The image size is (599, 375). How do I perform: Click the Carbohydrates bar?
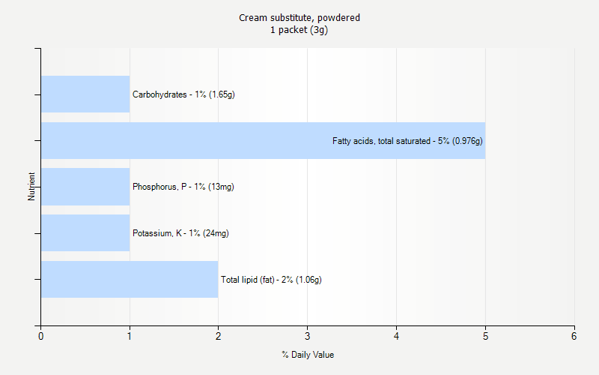pyautogui.click(x=85, y=94)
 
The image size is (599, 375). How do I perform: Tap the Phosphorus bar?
pyautogui.click(x=85, y=187)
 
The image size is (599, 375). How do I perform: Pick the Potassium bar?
pyautogui.click(x=85, y=233)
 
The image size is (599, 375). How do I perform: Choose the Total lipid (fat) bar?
pyautogui.click(x=130, y=280)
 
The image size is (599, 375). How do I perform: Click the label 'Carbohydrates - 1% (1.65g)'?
pyautogui.click(x=183, y=94)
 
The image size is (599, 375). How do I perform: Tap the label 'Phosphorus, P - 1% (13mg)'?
pyautogui.click(x=183, y=187)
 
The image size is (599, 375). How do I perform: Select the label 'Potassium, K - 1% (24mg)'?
pyautogui.click(x=180, y=233)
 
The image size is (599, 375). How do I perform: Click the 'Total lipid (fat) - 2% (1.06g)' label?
pyautogui.click(x=271, y=280)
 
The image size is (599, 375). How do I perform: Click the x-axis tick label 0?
pyautogui.click(x=40, y=337)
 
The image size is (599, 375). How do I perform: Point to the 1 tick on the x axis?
pyautogui.click(x=130, y=337)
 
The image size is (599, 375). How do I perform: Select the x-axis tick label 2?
pyautogui.click(x=219, y=337)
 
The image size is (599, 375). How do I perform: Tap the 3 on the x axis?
pyautogui.click(x=308, y=337)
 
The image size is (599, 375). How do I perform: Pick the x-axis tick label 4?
pyautogui.click(x=396, y=337)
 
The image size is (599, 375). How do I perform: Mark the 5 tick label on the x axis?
pyautogui.click(x=485, y=337)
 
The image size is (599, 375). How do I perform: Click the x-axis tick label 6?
pyautogui.click(x=574, y=337)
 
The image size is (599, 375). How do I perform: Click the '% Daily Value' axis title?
pyautogui.click(x=308, y=355)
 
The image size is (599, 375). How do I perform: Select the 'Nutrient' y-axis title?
pyautogui.click(x=31, y=187)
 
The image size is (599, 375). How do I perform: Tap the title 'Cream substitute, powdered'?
pyautogui.click(x=299, y=17)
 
